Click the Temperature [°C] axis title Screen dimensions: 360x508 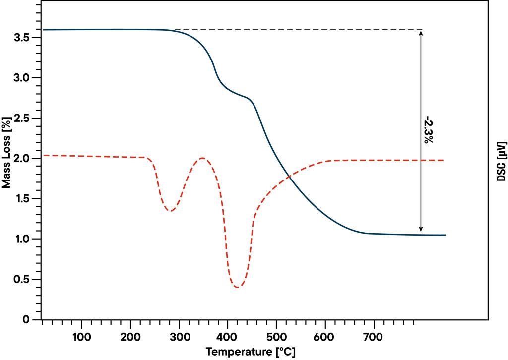[252, 352]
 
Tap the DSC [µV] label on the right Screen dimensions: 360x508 [502, 161]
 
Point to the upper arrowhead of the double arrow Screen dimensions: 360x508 [421, 33]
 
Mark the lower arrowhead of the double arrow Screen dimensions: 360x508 [421, 229]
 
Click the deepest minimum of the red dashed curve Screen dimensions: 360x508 [238, 287]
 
